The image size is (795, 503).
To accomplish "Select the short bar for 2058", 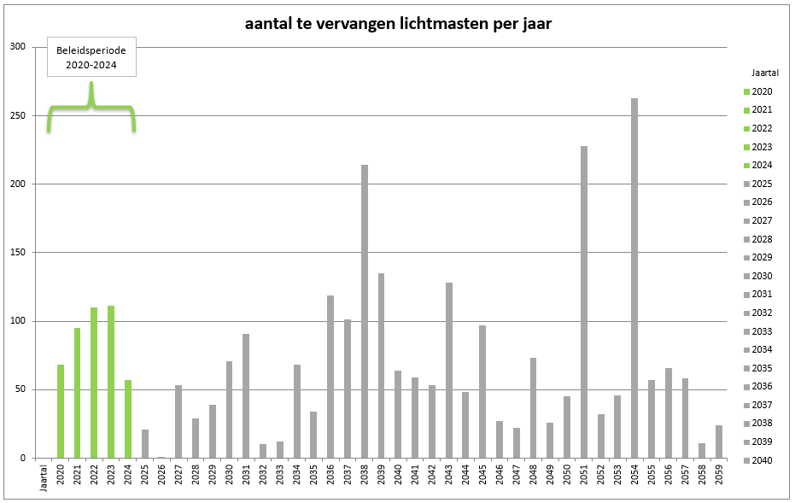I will [x=702, y=450].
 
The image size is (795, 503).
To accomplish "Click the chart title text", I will [x=398, y=24].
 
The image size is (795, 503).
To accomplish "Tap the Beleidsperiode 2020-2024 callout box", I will [x=91, y=58].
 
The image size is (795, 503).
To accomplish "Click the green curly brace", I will [x=91, y=108].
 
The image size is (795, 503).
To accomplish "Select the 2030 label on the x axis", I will [x=230, y=475].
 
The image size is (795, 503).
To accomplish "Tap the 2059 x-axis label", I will [x=719, y=475].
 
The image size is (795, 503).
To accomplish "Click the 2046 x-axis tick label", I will [x=500, y=475].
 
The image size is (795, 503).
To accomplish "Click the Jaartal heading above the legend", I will [x=764, y=73].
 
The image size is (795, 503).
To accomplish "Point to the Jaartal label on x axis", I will [x=44, y=477].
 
